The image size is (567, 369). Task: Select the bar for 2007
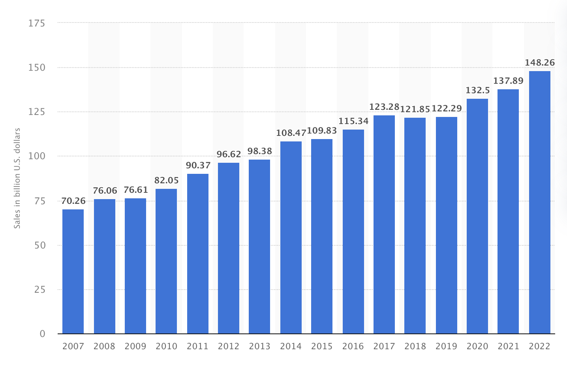[73, 271]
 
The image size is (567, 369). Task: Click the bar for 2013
[259, 247]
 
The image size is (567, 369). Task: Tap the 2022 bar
[539, 202]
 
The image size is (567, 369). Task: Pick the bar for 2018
[415, 226]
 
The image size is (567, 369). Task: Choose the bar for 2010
[166, 261]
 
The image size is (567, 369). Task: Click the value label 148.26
[539, 62]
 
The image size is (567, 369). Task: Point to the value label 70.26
[73, 201]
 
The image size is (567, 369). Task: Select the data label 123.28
[384, 107]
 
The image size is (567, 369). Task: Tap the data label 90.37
[198, 165]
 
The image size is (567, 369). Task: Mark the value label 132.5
[477, 90]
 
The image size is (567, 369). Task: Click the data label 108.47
[291, 133]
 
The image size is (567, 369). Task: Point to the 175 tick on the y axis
[37, 23]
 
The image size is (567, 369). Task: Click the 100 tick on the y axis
[37, 156]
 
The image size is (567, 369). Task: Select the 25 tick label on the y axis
[39, 290]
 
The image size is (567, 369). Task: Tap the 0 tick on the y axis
[42, 334]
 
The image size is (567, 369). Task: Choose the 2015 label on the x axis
[322, 346]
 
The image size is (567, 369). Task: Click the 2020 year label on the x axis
[477, 346]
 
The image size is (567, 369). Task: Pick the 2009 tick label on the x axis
[135, 346]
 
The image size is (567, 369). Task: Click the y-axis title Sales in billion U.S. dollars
[17, 178]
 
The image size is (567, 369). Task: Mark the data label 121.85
[415, 109]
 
